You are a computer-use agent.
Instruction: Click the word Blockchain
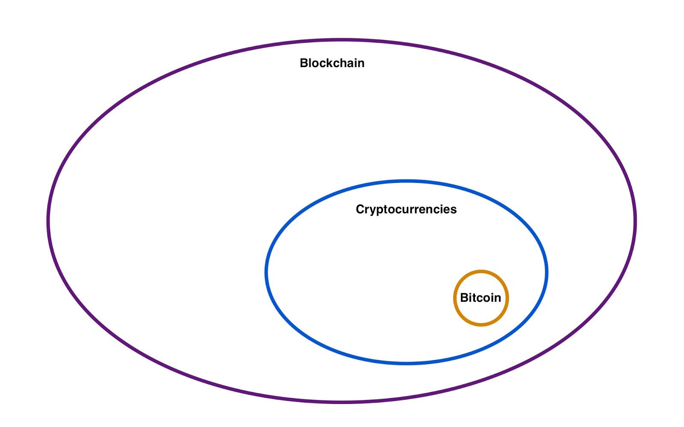(x=332, y=63)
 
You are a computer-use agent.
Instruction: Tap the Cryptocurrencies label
(x=406, y=209)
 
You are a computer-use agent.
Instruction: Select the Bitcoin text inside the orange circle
(x=481, y=297)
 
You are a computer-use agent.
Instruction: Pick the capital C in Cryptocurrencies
(x=360, y=209)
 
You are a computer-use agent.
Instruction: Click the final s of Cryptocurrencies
(x=454, y=209)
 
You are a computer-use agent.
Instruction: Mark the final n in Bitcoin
(x=497, y=298)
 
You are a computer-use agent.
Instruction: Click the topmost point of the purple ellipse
(x=342, y=41)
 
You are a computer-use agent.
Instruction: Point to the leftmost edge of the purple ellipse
(x=48, y=221)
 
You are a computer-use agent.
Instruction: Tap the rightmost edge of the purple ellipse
(x=635, y=221)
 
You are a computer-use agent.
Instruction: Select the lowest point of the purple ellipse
(x=342, y=402)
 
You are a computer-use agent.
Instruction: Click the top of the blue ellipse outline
(x=406, y=181)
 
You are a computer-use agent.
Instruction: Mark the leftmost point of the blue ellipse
(x=266, y=272)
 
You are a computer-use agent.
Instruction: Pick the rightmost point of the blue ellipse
(x=547, y=272)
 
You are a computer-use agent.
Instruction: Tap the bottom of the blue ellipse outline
(x=406, y=363)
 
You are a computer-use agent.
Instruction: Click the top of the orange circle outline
(x=481, y=271)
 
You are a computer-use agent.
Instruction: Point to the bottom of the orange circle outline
(x=481, y=325)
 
